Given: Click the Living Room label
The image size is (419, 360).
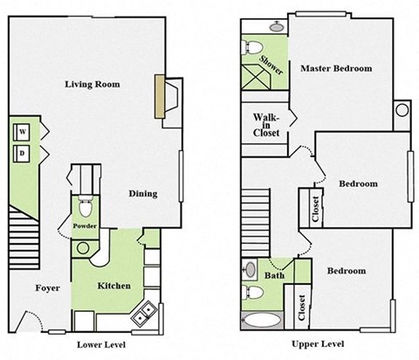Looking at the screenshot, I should [x=92, y=85].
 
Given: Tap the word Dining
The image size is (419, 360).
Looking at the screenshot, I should [x=142, y=194].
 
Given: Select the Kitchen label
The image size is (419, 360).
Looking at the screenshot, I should [x=114, y=286].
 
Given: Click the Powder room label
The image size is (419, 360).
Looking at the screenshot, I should [x=85, y=227].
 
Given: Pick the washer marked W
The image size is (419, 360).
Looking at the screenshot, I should [x=22, y=132].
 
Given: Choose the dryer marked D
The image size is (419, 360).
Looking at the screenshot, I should [x=22, y=154].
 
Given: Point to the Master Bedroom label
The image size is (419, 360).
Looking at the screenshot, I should [x=335, y=68].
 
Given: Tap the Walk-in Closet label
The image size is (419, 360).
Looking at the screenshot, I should [x=266, y=125].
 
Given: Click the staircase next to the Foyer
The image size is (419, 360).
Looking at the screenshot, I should [x=19, y=238].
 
